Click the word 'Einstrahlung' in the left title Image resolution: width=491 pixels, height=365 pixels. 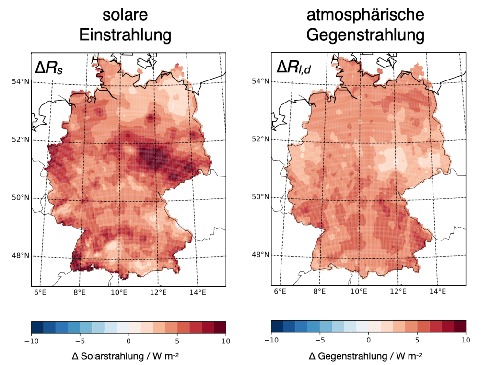click(x=126, y=35)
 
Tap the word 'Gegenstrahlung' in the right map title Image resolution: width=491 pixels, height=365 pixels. click(x=365, y=35)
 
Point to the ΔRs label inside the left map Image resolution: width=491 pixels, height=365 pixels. click(x=50, y=68)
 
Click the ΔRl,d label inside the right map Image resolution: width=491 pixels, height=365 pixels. click(x=293, y=68)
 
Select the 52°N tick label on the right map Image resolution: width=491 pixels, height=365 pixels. click(x=260, y=139)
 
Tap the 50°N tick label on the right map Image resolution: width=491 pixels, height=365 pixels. click(x=260, y=197)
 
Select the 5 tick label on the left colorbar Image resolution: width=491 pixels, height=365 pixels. click(x=177, y=341)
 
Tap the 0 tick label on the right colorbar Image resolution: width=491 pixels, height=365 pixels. click(x=368, y=341)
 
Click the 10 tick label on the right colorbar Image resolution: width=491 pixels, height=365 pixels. click(x=465, y=341)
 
